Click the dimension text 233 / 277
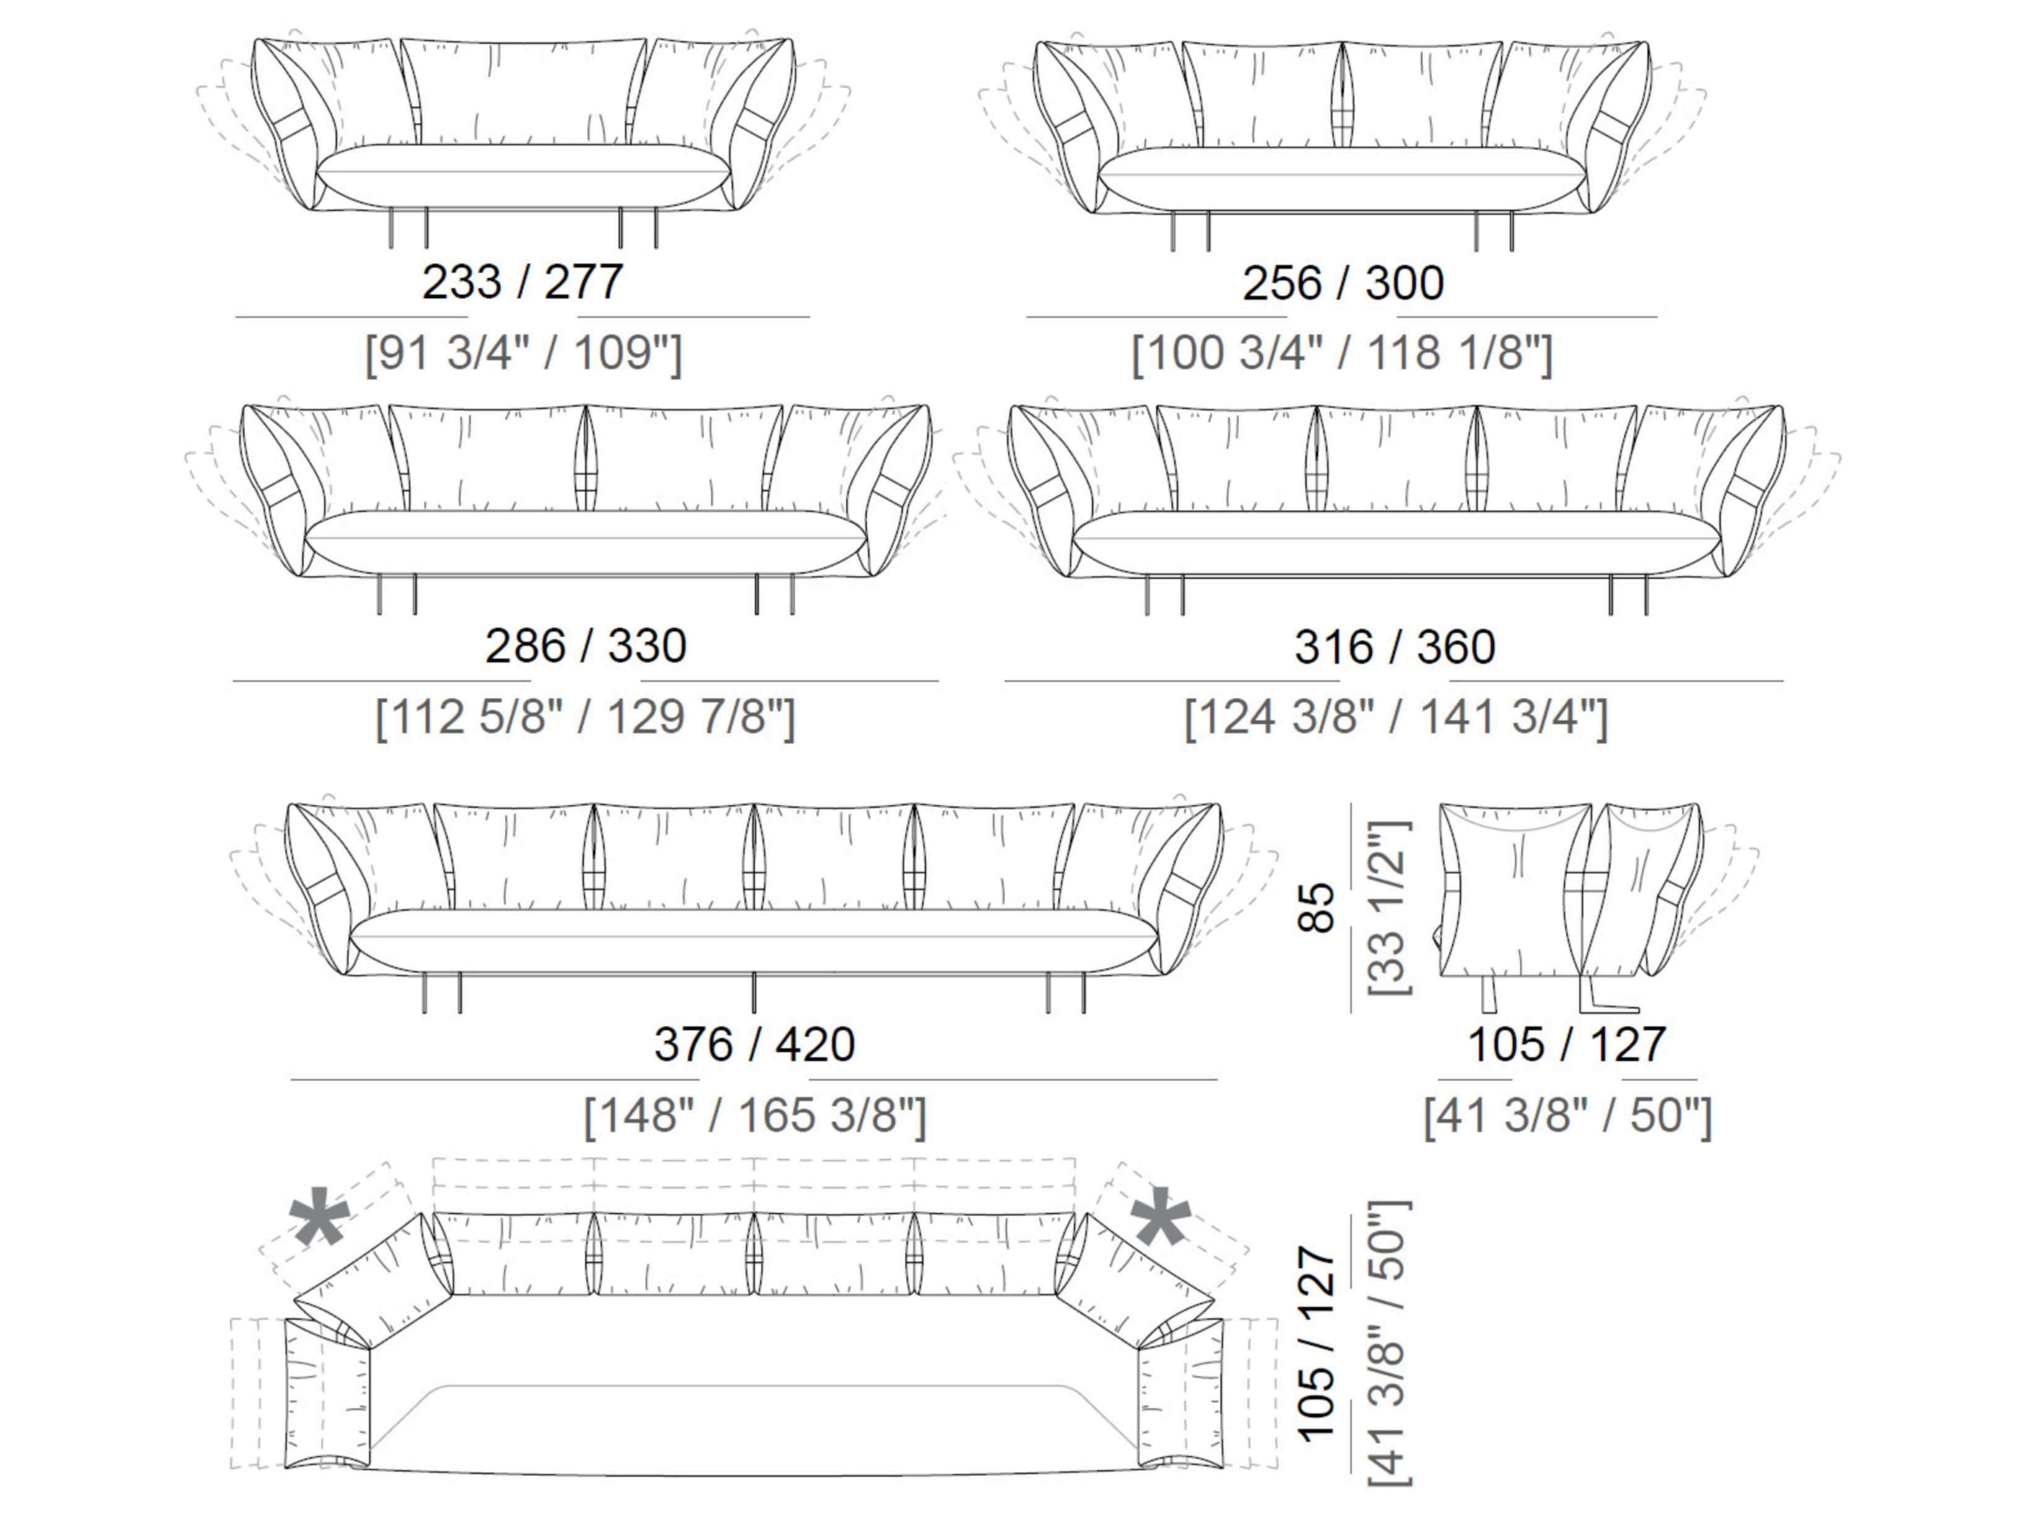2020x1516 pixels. [522, 282]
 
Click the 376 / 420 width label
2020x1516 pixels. [754, 1044]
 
